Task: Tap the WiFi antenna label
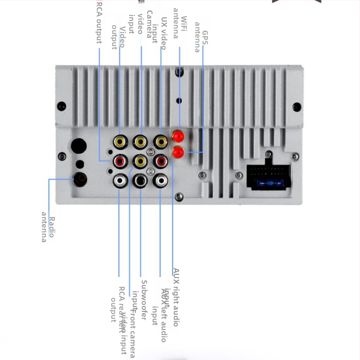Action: (x=180, y=27)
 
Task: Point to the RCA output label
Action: (x=99, y=23)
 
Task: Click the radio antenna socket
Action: (x=80, y=180)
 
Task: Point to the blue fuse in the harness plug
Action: (x=268, y=184)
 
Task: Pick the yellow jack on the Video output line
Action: (x=120, y=142)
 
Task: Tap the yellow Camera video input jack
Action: (x=140, y=142)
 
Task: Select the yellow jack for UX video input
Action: (x=161, y=142)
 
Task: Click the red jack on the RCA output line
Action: (x=120, y=161)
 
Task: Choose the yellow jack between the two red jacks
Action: (x=140, y=161)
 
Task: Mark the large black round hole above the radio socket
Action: (x=78, y=146)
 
